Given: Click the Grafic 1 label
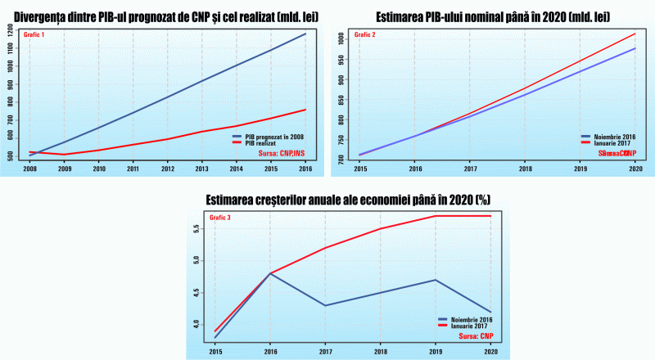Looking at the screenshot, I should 34,34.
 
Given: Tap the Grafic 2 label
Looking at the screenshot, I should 361,34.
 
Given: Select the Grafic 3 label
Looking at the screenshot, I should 221,218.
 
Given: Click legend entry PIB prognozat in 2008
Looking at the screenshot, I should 273,137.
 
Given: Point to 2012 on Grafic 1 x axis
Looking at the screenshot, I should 167,169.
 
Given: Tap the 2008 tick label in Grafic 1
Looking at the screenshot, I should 29,169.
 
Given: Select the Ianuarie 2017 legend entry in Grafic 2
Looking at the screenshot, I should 606,142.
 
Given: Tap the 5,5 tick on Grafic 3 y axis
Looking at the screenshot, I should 195,229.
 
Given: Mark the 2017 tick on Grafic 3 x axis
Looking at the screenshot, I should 325,352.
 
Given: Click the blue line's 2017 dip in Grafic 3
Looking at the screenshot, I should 325,305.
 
